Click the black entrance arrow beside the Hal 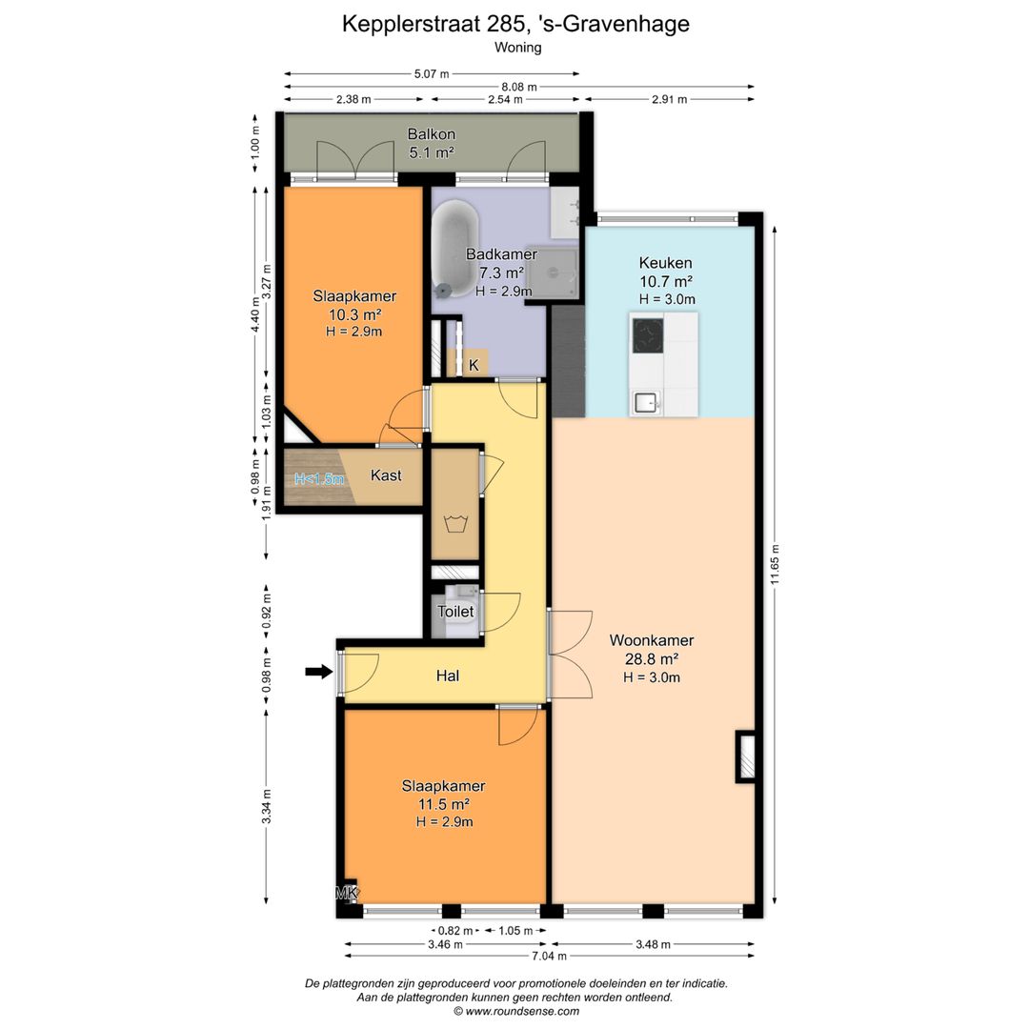coord(319,672)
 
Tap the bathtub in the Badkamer coord(454,248)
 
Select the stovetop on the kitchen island coord(648,334)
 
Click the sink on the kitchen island coord(646,402)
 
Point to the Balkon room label coord(432,134)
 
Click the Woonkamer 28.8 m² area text coord(652,658)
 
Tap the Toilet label coord(455,611)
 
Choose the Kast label coord(386,475)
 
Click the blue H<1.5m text coord(319,479)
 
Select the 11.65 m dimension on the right coord(775,564)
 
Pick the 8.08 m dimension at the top coord(519,87)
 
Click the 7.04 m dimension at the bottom coord(550,956)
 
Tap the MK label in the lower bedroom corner coord(347,893)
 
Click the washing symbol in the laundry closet coord(454,524)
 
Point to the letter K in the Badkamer coord(474,365)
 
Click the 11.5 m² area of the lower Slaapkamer coord(444,804)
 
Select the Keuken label coord(665,263)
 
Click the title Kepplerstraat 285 coord(434,24)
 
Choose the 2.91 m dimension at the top coord(670,99)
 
